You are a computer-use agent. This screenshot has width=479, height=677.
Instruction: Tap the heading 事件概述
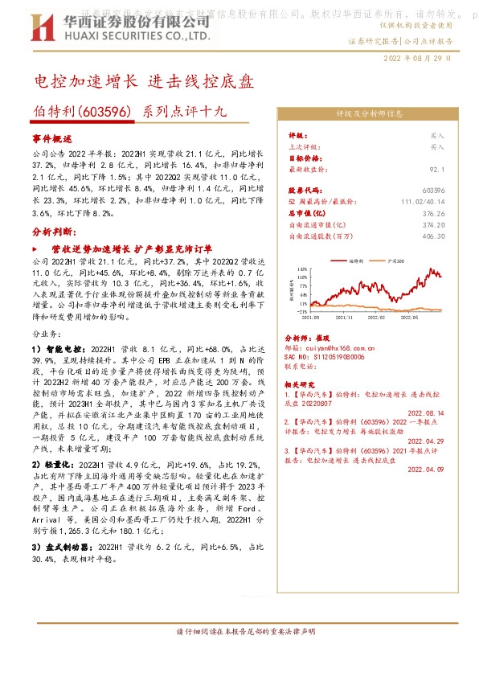pyautogui.click(x=52, y=138)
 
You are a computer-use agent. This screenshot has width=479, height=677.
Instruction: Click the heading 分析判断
pyautogui.click(x=52, y=231)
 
